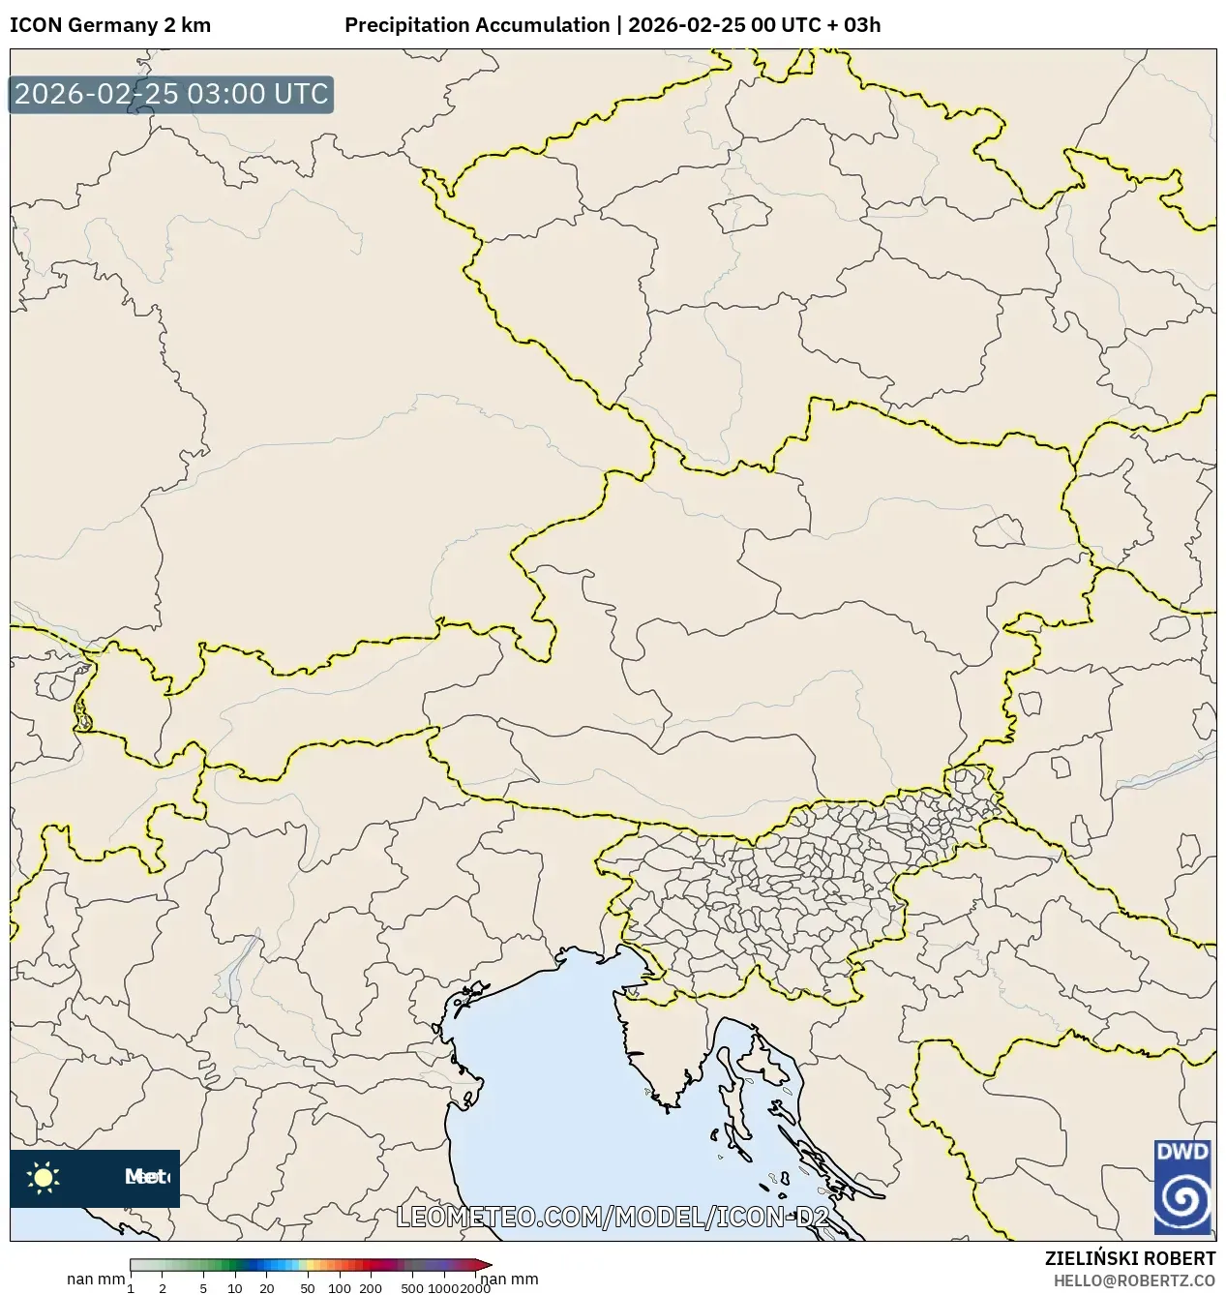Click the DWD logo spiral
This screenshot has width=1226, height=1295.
point(1182,1203)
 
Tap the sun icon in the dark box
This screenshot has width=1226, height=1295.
point(44,1177)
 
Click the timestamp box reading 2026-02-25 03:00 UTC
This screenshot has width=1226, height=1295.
point(171,95)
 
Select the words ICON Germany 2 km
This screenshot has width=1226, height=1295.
point(109,25)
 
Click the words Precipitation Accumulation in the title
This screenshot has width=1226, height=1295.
point(476,25)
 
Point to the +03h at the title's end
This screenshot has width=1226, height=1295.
point(859,25)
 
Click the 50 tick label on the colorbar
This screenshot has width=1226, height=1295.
point(307,1288)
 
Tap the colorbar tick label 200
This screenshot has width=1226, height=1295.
point(371,1288)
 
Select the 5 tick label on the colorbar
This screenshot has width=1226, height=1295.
point(203,1288)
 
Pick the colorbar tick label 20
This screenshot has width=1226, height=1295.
point(267,1288)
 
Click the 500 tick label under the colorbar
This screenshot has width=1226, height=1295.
point(412,1288)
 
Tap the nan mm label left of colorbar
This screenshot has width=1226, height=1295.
point(95,1280)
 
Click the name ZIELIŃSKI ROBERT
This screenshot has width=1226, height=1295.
point(1129,1258)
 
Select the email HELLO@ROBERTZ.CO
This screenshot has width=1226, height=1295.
point(1134,1280)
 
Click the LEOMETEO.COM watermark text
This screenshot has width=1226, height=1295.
point(503,1217)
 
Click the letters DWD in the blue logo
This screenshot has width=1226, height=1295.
point(1182,1153)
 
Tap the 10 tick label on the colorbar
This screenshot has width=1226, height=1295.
point(235,1288)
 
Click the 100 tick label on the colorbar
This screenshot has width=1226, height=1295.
point(339,1288)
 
